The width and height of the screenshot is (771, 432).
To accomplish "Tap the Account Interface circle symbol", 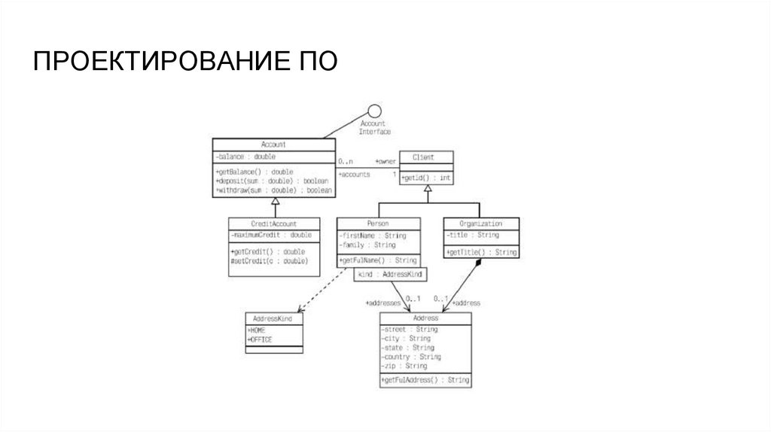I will pyautogui.click(x=373, y=111).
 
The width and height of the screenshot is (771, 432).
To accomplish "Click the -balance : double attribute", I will pyautogui.click(x=245, y=157).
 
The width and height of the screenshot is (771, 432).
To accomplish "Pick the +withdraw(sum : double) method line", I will pyautogui.click(x=273, y=191).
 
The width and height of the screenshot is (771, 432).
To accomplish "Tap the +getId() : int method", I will pyautogui.click(x=426, y=178).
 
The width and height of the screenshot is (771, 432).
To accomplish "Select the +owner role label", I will pyautogui.click(x=385, y=161).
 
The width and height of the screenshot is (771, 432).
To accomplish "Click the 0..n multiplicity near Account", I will pyautogui.click(x=346, y=161).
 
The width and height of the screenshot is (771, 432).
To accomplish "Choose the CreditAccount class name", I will pyautogui.click(x=273, y=224).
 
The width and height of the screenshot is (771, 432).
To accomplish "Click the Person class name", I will pyautogui.click(x=378, y=224).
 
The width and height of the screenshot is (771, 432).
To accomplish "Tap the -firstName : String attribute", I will pyautogui.click(x=373, y=236).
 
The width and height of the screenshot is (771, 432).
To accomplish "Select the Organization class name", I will pyautogui.click(x=480, y=224).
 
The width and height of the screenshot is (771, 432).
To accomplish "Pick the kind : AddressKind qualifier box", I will pyautogui.click(x=389, y=275).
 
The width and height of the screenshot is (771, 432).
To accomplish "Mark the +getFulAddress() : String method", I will pyautogui.click(x=425, y=381).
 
